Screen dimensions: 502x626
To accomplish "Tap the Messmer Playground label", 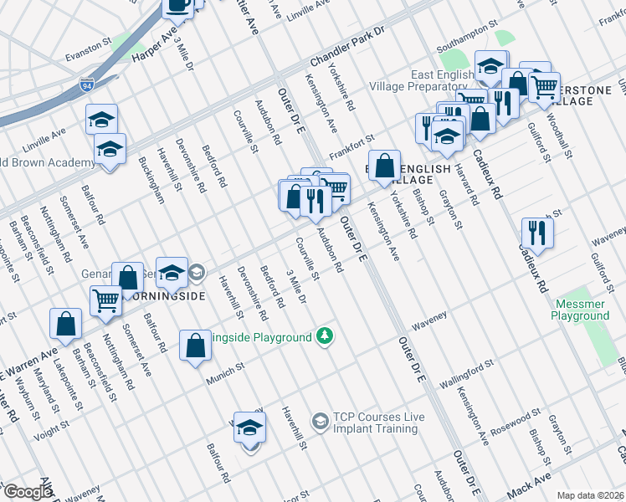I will click(580, 310).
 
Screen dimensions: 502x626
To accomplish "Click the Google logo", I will click(28, 492).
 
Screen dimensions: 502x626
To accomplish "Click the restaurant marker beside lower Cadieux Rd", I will click(537, 233).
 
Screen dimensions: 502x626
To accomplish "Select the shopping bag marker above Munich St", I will click(195, 345).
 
